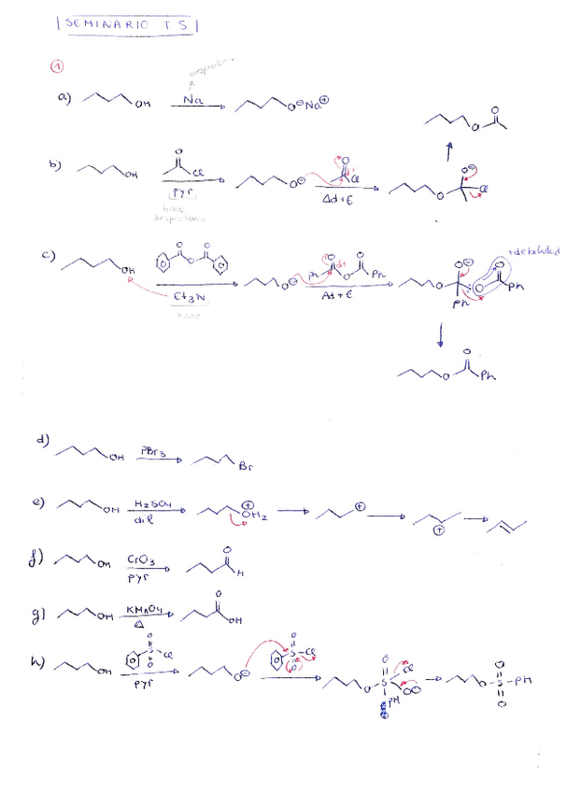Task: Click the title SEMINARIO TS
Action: pyautogui.click(x=128, y=24)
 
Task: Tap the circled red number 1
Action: pyautogui.click(x=58, y=66)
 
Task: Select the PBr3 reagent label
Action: pyautogui.click(x=153, y=450)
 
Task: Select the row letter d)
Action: pyautogui.click(x=43, y=440)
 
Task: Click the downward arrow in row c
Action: pyautogui.click(x=439, y=333)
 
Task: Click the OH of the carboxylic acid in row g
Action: pyautogui.click(x=234, y=618)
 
